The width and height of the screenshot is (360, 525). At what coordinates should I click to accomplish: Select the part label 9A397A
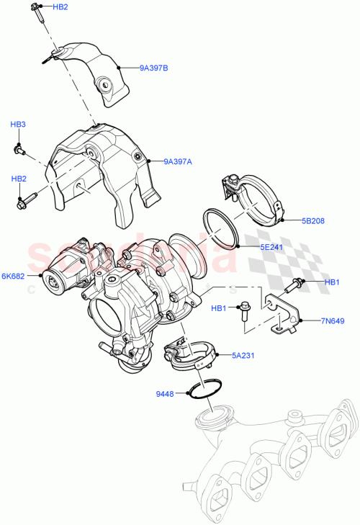coord(177,161)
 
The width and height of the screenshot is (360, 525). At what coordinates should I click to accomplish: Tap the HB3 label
coord(18,125)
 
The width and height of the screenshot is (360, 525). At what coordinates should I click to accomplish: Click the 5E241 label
coord(272,246)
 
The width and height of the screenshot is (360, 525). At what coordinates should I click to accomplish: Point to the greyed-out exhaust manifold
coord(274,461)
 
